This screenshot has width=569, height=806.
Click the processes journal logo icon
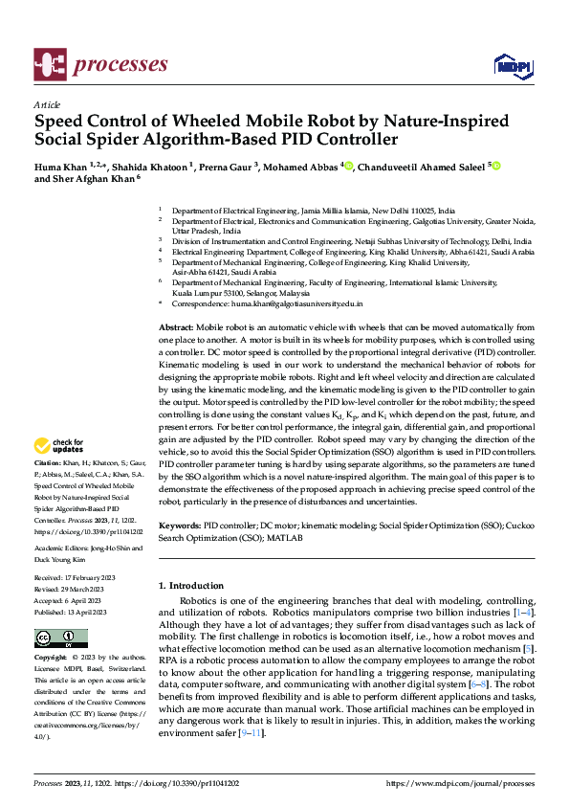tap(49, 64)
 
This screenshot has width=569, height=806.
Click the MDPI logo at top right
tap(509, 64)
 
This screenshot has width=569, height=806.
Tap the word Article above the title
tap(47, 105)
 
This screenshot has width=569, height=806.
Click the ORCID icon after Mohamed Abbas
tap(348, 166)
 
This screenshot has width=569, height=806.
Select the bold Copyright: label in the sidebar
tap(52, 659)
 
